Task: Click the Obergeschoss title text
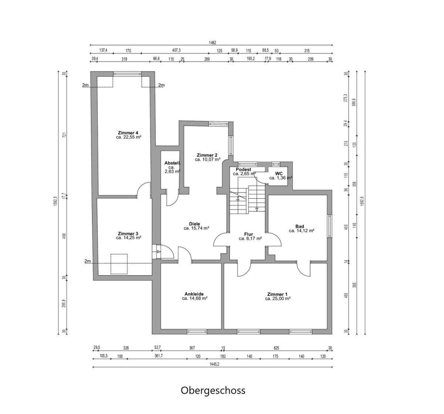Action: tap(213, 390)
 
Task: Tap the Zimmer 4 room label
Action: tap(128, 133)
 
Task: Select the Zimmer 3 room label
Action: tap(128, 233)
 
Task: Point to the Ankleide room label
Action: tap(194, 294)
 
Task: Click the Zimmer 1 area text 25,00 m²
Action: tap(277, 299)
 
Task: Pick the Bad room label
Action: tap(300, 226)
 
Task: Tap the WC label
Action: tap(279, 174)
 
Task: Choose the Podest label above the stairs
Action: tap(243, 170)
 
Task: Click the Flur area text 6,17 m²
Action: tap(250, 238)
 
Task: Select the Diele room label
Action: tap(195, 224)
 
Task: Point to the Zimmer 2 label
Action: tap(207, 155)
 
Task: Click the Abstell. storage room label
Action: tap(172, 163)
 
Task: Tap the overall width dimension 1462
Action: tap(213, 42)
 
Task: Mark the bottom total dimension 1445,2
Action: tap(214, 364)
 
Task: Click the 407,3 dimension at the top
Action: tap(176, 51)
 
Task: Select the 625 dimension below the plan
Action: tap(276, 348)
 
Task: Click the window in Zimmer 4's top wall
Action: tap(127, 74)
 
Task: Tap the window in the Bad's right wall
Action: tap(330, 226)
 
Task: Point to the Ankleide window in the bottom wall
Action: tap(197, 332)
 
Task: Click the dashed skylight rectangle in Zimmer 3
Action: tap(119, 264)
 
